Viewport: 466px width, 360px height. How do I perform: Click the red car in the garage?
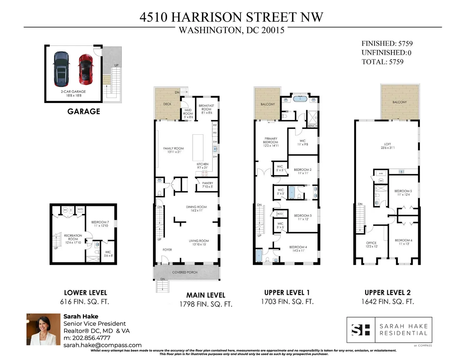[x=86, y=68]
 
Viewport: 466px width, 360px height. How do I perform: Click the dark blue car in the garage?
[x=61, y=69]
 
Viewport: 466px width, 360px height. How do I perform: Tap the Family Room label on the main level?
[x=173, y=150]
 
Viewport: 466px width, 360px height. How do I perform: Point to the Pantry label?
[x=207, y=185]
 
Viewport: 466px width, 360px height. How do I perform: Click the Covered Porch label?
[x=185, y=273]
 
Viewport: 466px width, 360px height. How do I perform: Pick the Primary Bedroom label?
[x=271, y=142]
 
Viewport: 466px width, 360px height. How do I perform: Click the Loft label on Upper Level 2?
[x=387, y=146]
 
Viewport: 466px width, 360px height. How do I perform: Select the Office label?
[x=371, y=245]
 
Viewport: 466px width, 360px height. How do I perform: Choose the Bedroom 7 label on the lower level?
[x=100, y=224]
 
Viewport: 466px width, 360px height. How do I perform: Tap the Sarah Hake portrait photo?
[x=43, y=329]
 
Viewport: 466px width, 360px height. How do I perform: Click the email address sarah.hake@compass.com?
[x=102, y=345]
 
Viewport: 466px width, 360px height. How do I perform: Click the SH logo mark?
[x=360, y=330]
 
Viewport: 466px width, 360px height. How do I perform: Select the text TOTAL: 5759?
[x=382, y=62]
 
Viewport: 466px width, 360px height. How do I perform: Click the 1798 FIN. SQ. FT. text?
[x=206, y=305]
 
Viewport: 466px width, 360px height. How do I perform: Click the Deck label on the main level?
[x=167, y=104]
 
